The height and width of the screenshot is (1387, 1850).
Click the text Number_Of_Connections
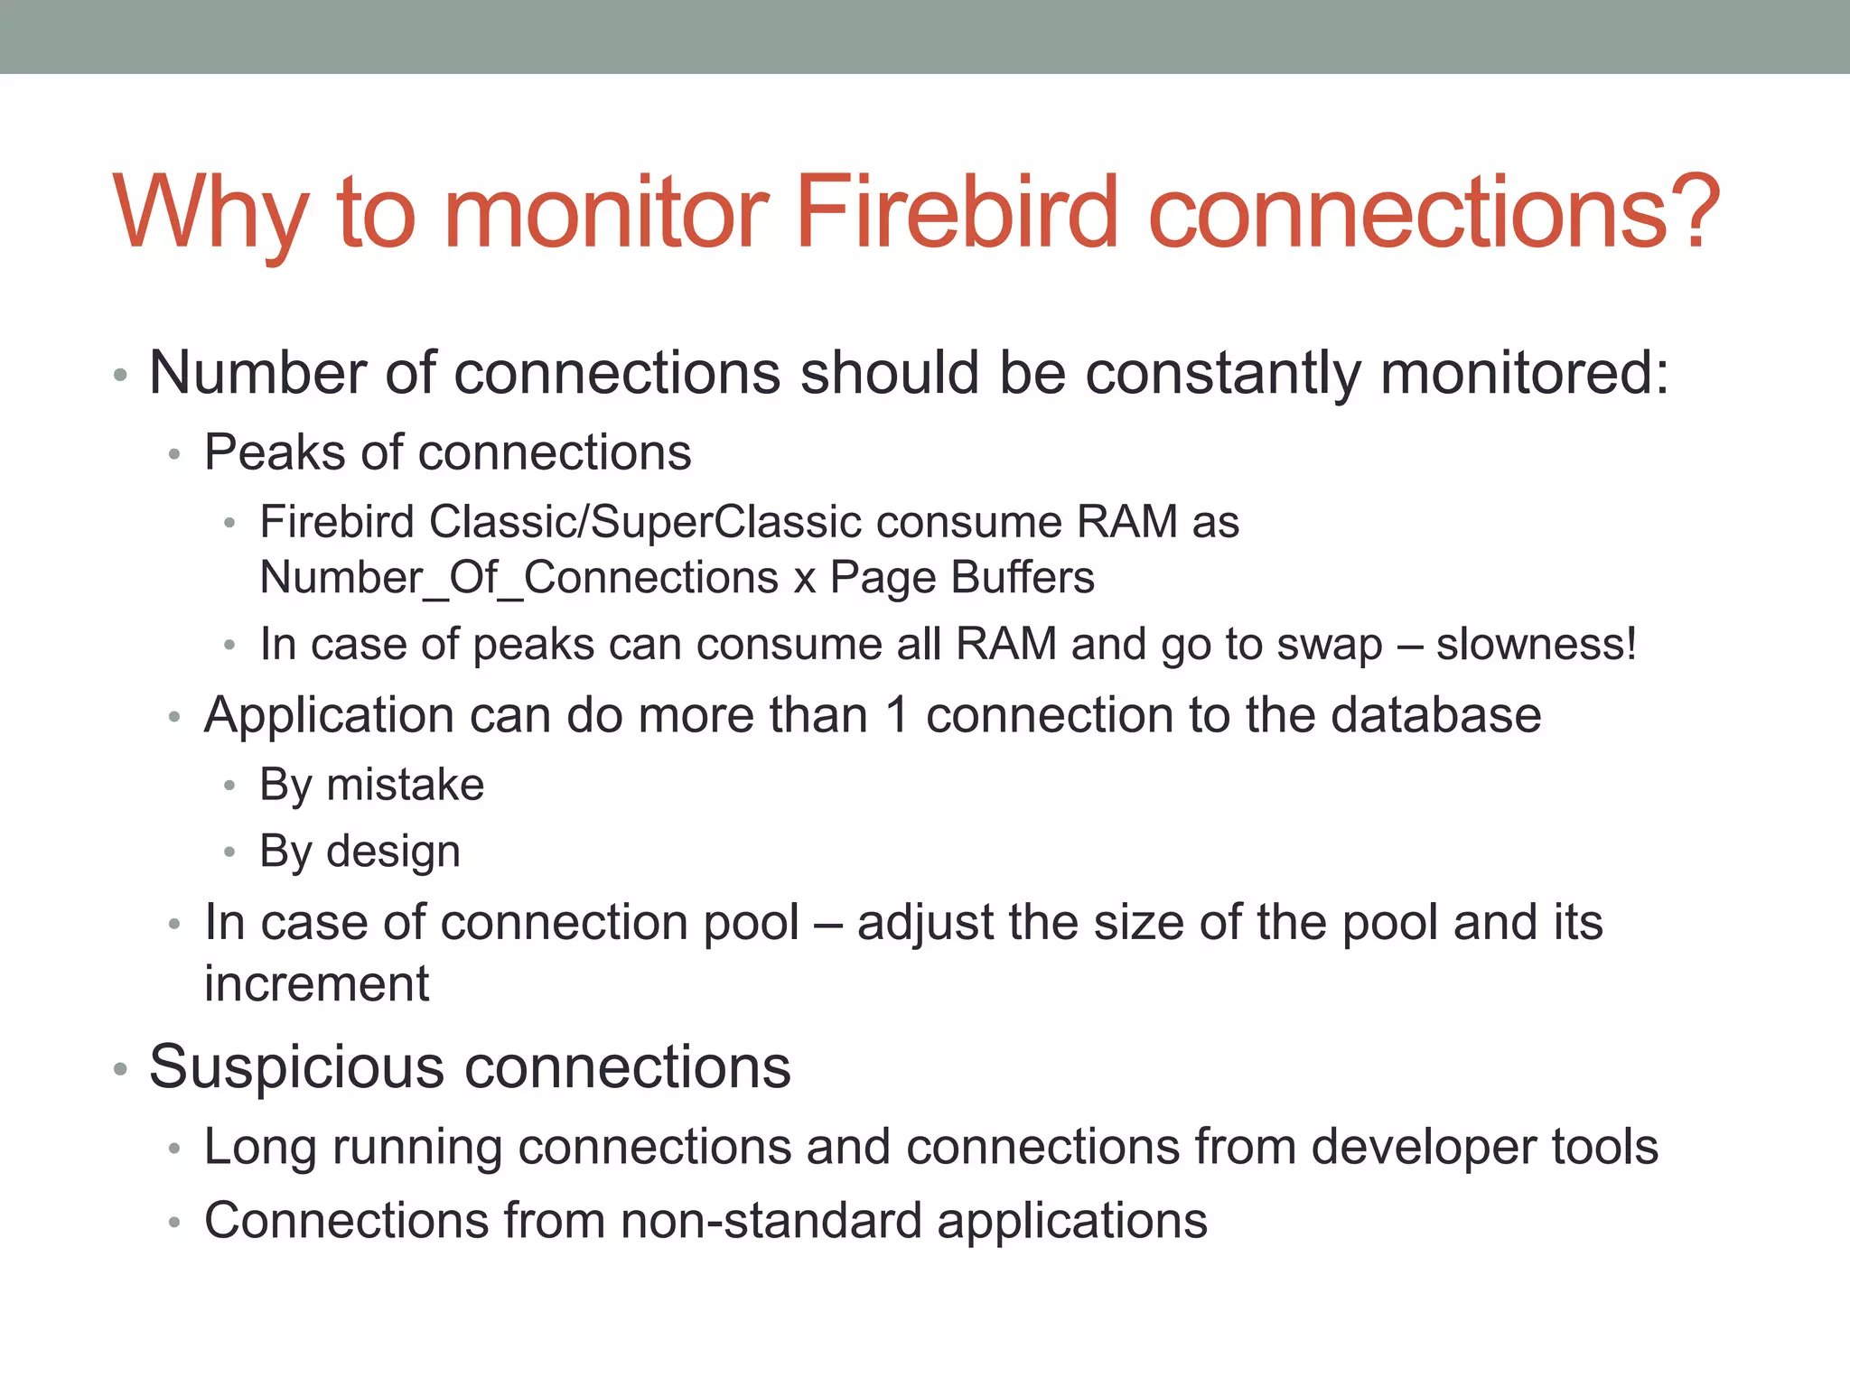click(x=519, y=578)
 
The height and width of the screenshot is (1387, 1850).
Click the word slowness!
click(x=1537, y=645)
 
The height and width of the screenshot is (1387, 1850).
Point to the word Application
click(x=329, y=715)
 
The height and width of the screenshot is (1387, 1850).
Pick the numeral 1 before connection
click(x=896, y=715)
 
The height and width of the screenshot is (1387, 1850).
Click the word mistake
click(x=405, y=784)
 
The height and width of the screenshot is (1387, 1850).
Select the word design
click(x=393, y=852)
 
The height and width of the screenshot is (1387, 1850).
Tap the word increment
click(x=316, y=983)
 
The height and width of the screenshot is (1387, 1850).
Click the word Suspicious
click(x=296, y=1066)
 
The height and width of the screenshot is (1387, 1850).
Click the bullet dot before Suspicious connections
click(x=120, y=1070)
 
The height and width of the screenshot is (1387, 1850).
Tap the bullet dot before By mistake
click(x=229, y=786)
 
